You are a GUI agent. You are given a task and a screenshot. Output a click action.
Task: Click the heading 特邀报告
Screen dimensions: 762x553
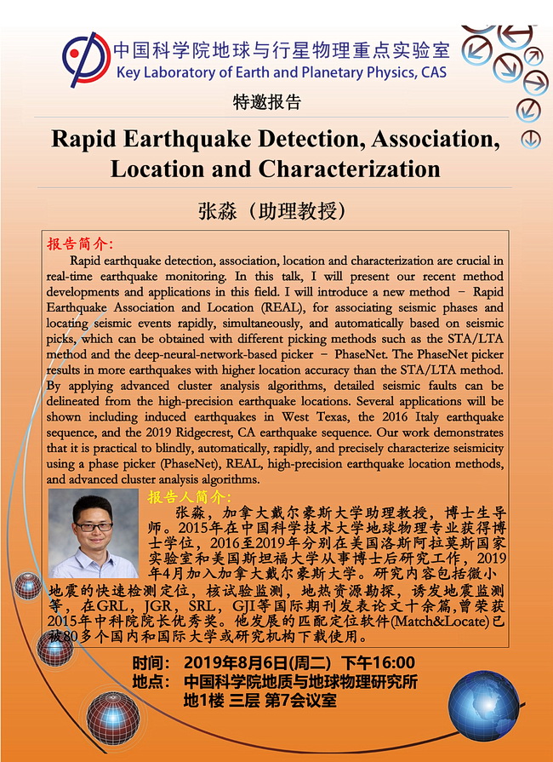coord(267,103)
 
